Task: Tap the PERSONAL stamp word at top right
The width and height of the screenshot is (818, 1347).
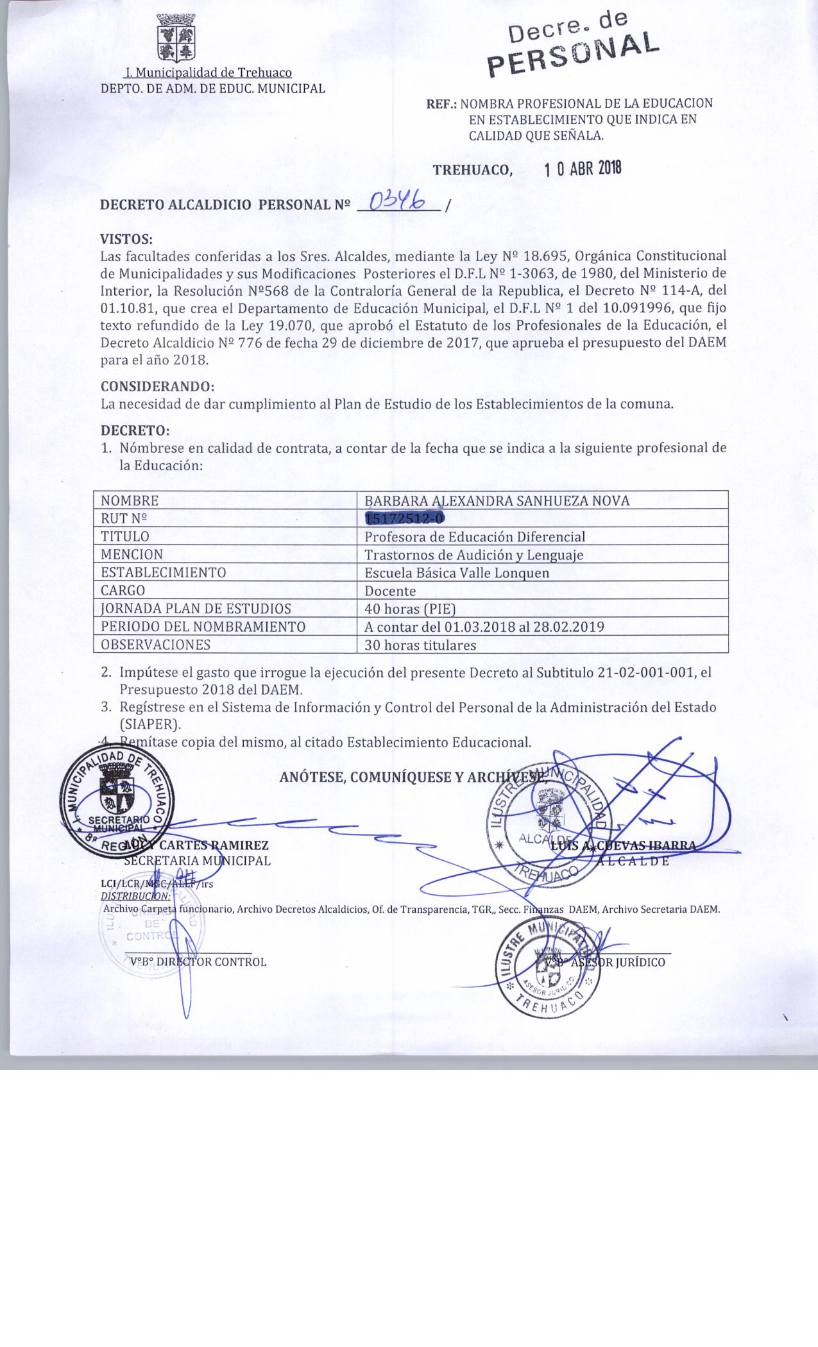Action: click(x=573, y=51)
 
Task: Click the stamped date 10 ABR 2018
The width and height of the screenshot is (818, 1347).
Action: click(x=583, y=169)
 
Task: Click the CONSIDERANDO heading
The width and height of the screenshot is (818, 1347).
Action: click(x=157, y=387)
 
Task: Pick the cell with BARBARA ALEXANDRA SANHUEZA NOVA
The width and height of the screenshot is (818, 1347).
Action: click(x=497, y=501)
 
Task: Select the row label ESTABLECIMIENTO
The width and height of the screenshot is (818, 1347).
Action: click(x=163, y=572)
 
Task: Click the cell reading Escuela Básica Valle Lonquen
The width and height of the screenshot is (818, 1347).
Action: click(x=456, y=573)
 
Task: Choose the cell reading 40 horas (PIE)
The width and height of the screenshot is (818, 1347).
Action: click(x=410, y=609)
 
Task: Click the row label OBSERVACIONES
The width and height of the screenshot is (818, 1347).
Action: click(x=155, y=645)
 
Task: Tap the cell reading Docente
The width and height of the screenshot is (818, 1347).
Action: click(x=390, y=591)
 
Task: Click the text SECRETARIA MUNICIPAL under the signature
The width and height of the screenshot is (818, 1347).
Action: click(x=197, y=861)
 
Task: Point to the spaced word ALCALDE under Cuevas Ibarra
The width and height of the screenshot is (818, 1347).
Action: click(x=633, y=861)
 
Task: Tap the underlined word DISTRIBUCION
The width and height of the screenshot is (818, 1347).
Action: click(x=136, y=895)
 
